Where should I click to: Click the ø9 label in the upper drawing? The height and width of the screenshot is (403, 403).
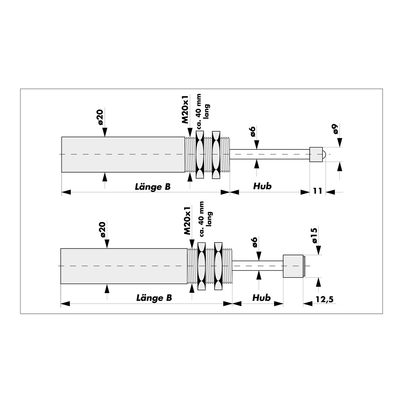(336, 129)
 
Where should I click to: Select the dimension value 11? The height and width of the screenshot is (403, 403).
(317, 190)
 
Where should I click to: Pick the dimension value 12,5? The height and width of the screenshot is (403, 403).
(324, 300)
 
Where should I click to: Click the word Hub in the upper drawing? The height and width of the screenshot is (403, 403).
(262, 186)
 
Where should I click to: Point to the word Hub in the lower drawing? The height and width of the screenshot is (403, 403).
(261, 298)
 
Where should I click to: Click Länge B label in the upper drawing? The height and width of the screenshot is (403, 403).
(153, 187)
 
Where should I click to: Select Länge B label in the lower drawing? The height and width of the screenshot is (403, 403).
(154, 298)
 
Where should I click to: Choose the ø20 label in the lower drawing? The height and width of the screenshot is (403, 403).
(103, 230)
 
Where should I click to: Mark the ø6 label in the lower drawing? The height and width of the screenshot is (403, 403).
(255, 242)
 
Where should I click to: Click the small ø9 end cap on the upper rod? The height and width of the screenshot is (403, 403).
(316, 154)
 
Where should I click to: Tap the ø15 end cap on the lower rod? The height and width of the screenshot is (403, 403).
(293, 266)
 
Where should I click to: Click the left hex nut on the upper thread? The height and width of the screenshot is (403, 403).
(200, 155)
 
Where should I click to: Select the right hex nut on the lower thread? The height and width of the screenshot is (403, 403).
(218, 266)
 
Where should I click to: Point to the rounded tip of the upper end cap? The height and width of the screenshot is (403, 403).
(324, 154)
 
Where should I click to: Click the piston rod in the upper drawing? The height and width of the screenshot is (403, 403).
(270, 154)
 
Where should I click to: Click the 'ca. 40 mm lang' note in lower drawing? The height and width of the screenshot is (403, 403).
(206, 219)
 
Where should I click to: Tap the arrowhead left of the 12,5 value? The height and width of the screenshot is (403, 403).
(308, 304)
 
